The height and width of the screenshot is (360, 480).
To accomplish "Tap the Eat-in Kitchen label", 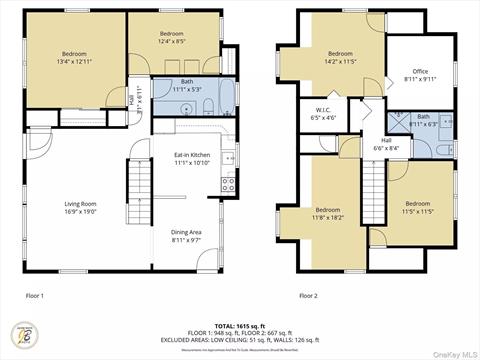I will [192, 159].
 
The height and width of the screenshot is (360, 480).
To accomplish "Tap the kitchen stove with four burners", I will [229, 183].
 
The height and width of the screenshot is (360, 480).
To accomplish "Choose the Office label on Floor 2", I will [420, 74].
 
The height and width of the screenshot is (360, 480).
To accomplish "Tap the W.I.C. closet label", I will [324, 114].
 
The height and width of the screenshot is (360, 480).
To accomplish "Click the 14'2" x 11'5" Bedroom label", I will [340, 57].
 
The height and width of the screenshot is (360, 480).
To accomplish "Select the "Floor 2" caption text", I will [309, 296].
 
